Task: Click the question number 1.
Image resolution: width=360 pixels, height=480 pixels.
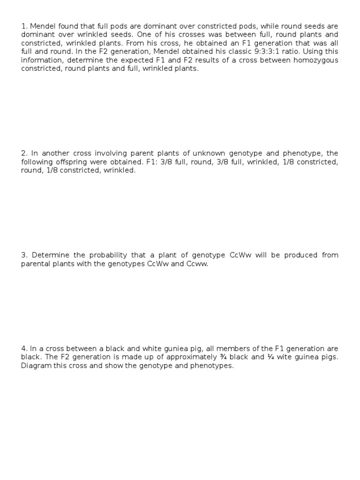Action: coord(23,26)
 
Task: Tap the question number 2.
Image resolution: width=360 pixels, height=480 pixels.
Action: coord(24,153)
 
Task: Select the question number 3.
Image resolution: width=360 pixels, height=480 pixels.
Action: coord(24,255)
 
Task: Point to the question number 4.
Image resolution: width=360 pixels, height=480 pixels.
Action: coord(24,349)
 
